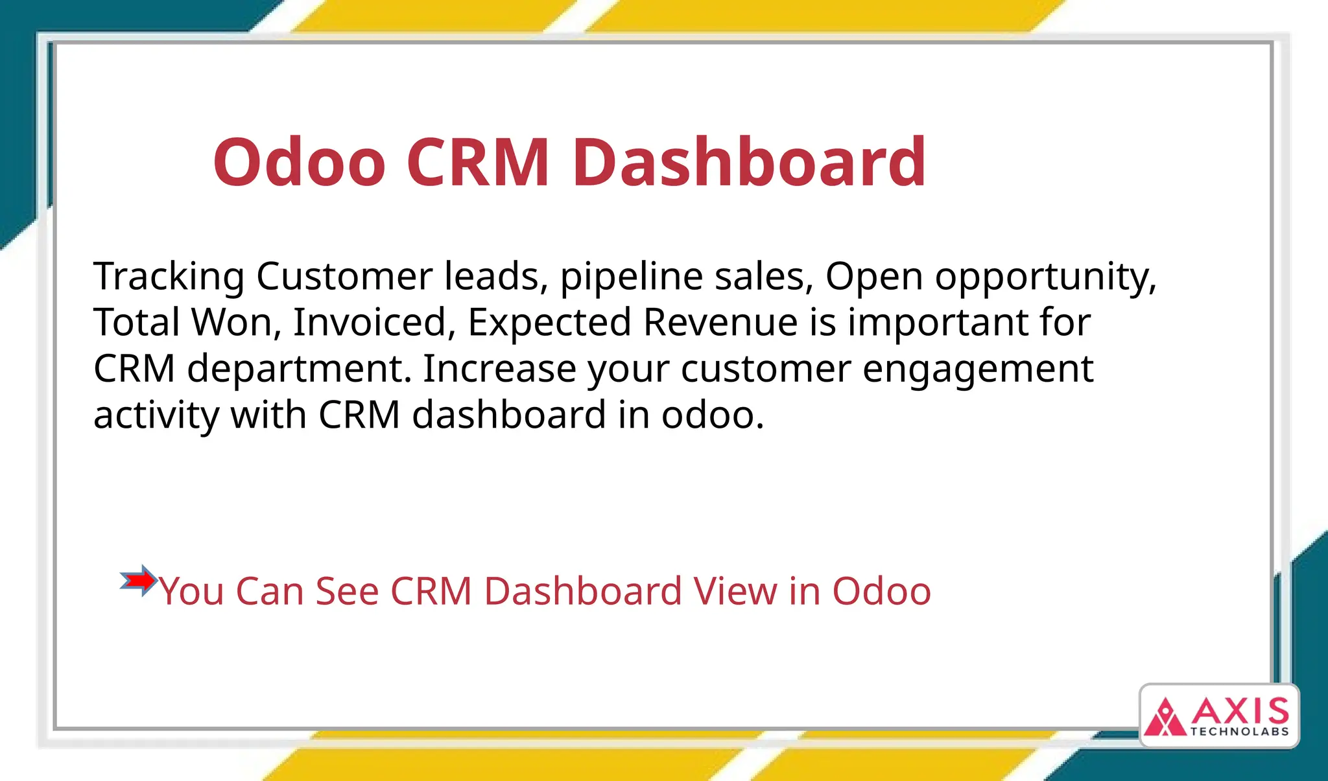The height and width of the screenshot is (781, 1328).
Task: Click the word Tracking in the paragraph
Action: coord(169,276)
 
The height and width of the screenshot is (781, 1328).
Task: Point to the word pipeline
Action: coord(631,276)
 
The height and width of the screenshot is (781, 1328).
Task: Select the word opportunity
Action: coord(1045,277)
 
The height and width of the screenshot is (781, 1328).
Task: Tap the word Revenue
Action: coord(720,322)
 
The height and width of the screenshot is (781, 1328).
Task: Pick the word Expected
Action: coord(549,323)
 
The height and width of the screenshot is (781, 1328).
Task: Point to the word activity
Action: coord(156,415)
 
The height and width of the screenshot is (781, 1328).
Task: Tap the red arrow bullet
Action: coord(139,581)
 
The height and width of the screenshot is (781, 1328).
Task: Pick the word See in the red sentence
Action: coord(347,591)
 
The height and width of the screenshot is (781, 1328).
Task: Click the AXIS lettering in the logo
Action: coord(1240,711)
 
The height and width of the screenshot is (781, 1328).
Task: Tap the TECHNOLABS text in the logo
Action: coord(1239,732)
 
